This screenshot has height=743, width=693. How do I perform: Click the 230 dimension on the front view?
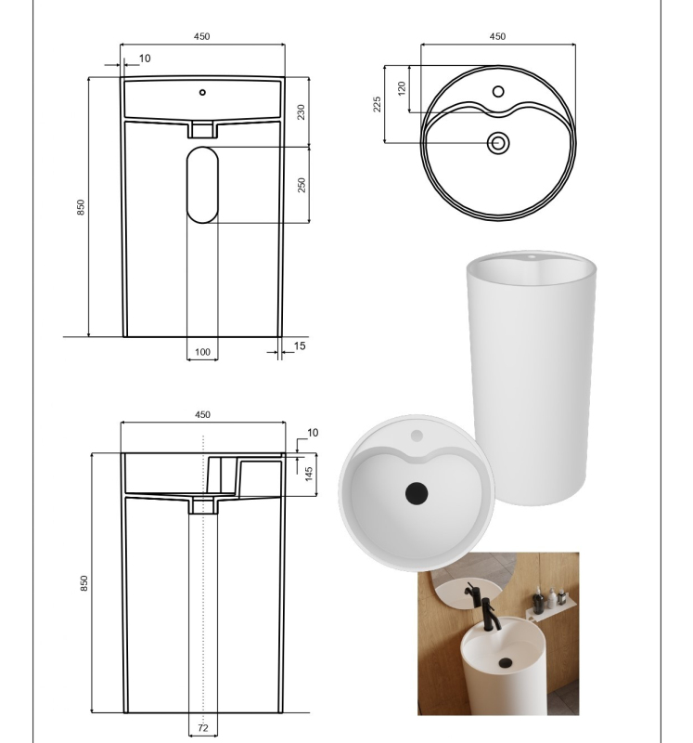(302, 111)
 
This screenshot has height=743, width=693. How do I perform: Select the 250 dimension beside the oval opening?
(302, 184)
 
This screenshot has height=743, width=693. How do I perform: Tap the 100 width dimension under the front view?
(202, 352)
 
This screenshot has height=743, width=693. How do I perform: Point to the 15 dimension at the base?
(300, 345)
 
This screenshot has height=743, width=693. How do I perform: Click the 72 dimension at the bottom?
(203, 728)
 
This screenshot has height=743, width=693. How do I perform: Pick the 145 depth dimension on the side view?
(309, 474)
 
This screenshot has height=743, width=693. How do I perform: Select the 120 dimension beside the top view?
(402, 88)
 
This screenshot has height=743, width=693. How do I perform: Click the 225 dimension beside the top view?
(378, 104)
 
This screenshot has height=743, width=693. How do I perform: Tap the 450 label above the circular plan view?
(497, 36)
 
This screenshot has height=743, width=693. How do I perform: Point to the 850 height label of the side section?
(83, 583)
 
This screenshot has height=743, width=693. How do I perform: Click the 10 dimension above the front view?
(145, 59)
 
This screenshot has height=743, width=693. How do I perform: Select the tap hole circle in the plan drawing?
(498, 91)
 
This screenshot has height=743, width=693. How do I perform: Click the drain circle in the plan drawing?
(498, 143)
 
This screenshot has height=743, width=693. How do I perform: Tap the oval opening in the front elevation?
(202, 185)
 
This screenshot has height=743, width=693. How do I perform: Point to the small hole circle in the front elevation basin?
(202, 92)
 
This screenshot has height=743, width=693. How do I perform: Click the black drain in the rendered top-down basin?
(417, 493)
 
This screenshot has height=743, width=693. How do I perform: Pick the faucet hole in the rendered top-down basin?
(417, 436)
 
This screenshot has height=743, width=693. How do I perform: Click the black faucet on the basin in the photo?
(490, 614)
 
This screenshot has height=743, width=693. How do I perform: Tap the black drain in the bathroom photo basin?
(505, 662)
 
